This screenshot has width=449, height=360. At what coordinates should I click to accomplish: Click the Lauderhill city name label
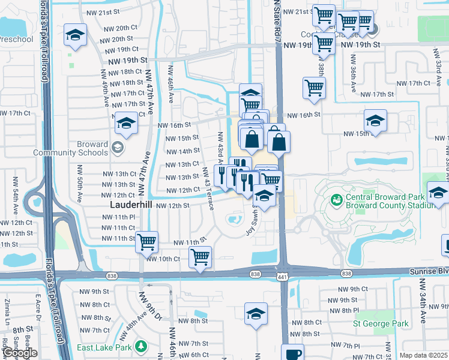(131, 205)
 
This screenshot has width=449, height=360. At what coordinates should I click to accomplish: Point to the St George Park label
(381, 323)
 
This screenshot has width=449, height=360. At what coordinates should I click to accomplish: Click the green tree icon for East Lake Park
(141, 347)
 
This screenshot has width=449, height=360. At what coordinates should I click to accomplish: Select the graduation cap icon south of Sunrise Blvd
(256, 314)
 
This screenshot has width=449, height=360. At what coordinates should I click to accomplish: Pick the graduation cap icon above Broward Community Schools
(127, 124)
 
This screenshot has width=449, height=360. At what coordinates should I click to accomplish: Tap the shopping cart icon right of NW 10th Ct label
(200, 257)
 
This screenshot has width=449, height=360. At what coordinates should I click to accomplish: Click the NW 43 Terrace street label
(208, 194)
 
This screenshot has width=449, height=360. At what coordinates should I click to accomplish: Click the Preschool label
(15, 40)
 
